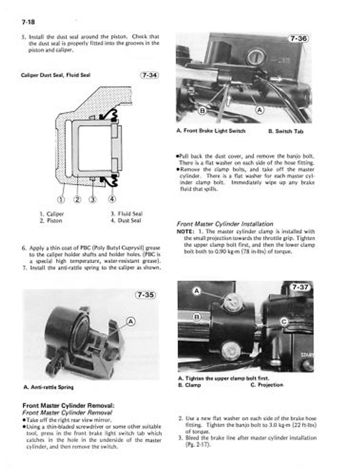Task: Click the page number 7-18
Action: (28, 22)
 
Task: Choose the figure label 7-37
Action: (301, 287)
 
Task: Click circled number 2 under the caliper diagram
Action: (77, 199)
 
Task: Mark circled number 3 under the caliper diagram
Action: (93, 199)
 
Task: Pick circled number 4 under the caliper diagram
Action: (112, 199)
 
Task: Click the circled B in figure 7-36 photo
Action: (202, 111)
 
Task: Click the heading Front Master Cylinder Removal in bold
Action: (68, 406)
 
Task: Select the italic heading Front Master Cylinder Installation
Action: (224, 224)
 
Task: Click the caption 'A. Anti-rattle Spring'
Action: (49, 387)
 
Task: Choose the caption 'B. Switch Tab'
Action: (286, 131)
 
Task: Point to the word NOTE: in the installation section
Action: (185, 231)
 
